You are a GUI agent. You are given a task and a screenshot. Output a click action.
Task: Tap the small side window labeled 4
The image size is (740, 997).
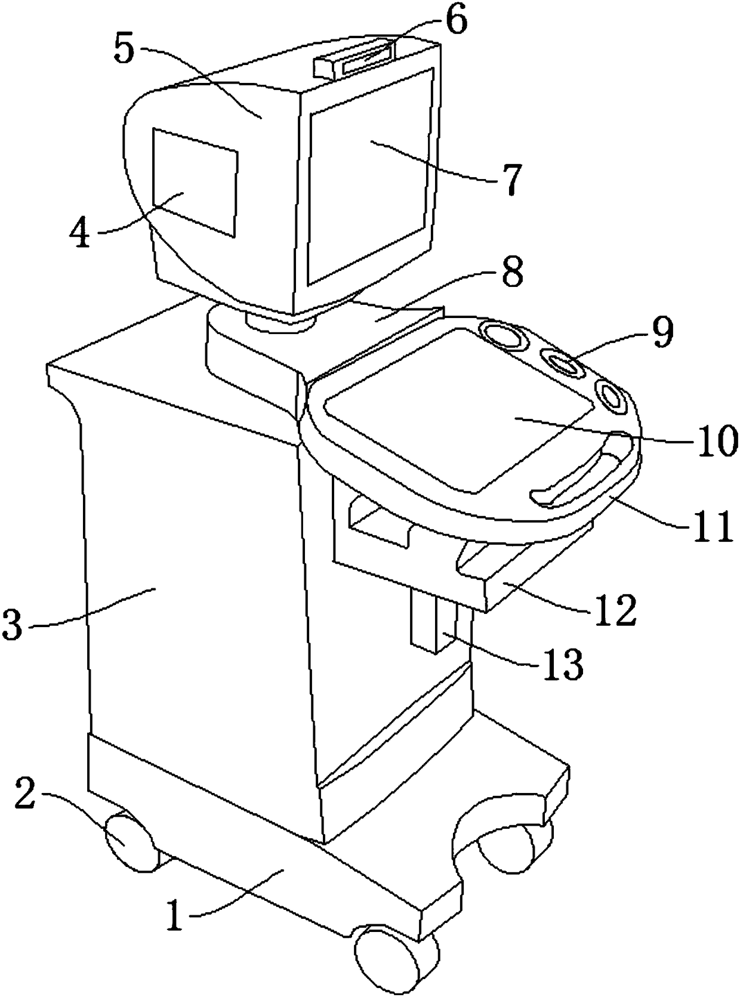[x=195, y=181]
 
